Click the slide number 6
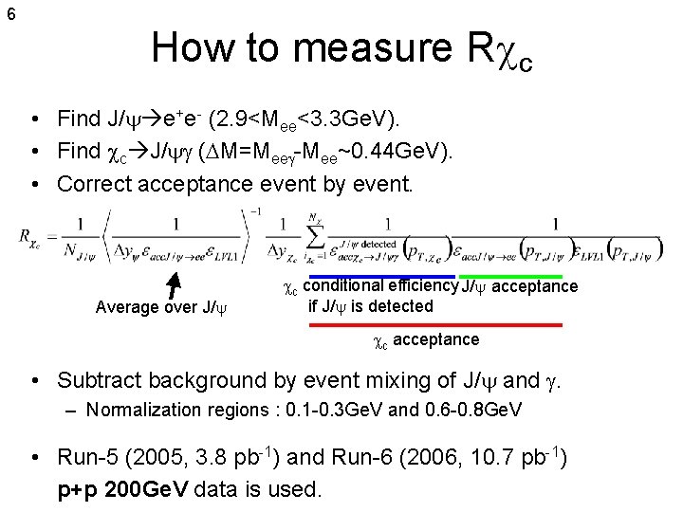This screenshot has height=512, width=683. coord(9,14)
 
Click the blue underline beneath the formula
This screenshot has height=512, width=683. coord(382,276)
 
